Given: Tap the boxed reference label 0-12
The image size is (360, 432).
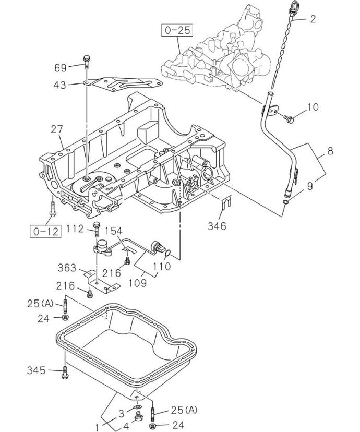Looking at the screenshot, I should [45, 231].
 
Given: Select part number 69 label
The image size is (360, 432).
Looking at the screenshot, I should [61, 67].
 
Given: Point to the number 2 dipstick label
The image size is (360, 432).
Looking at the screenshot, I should [313, 19].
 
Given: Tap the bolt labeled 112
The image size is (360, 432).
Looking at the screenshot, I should [97, 227].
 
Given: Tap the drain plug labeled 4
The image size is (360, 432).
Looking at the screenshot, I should [139, 416].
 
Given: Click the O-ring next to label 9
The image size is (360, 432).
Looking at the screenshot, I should [285, 201].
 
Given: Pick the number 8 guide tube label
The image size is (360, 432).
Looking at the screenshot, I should [330, 153].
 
